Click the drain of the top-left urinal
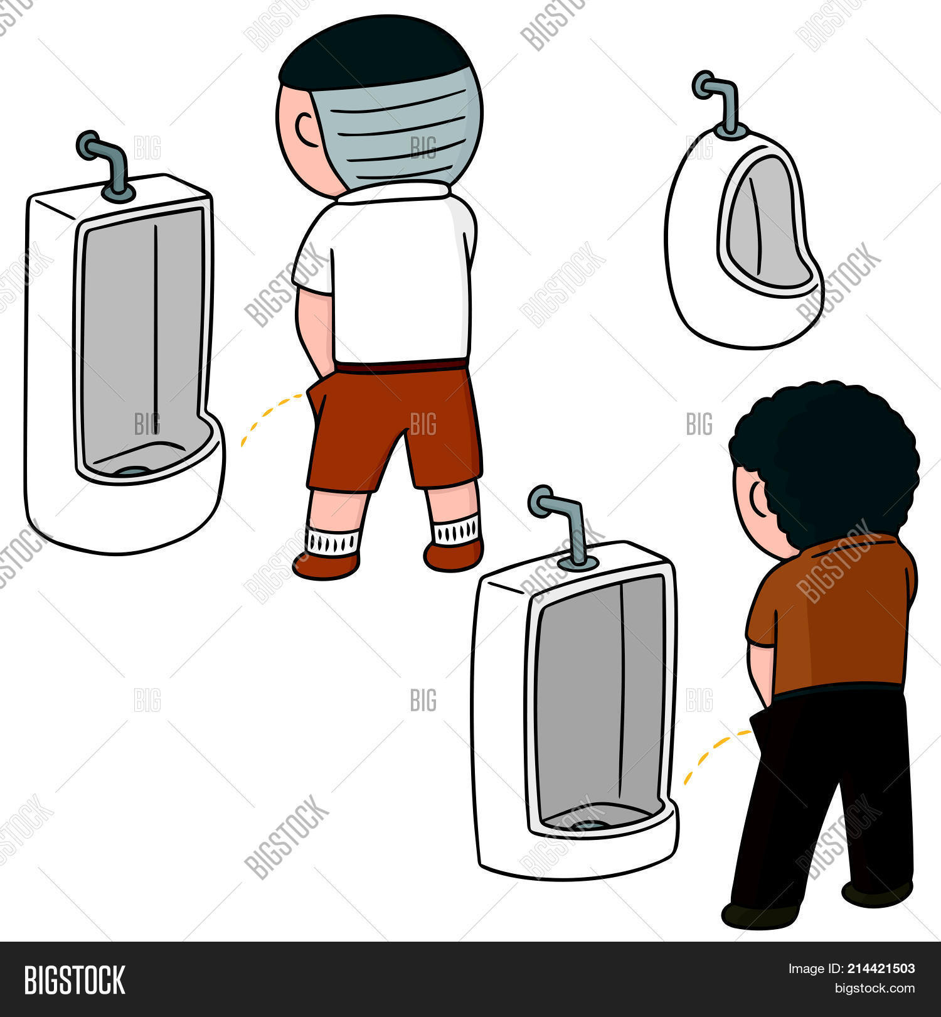(x=133, y=470)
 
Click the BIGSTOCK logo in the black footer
(x=74, y=980)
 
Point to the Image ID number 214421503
(x=885, y=969)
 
